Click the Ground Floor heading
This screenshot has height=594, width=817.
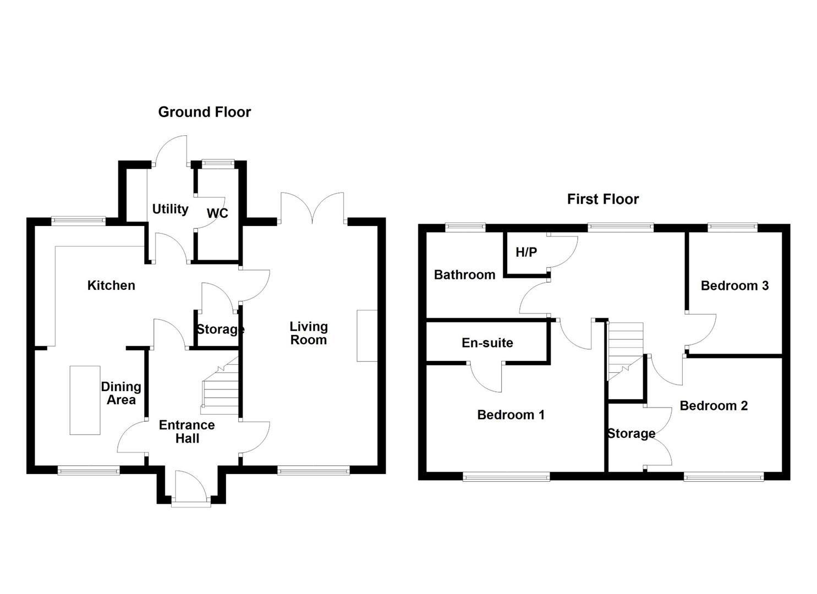tap(205, 112)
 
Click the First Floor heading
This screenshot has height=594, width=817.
tap(603, 199)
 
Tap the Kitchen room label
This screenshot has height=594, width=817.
tap(111, 285)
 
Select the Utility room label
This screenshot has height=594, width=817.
tap(171, 209)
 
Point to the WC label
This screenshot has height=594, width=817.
tap(217, 213)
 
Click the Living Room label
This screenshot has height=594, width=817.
tap(309, 333)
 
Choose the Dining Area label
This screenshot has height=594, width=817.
tap(121, 393)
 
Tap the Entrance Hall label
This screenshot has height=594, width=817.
tap(187, 431)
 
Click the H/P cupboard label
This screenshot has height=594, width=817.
tap(527, 252)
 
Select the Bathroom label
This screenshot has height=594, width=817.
tap(465, 274)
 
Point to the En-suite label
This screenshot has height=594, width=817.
tap(487, 343)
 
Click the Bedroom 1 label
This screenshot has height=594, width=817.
tap(511, 415)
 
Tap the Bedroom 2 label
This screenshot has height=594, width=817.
tap(714, 405)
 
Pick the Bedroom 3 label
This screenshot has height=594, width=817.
tap(734, 285)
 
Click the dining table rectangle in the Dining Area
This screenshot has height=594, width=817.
tap(85, 400)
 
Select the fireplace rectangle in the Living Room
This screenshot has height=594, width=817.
tap(367, 336)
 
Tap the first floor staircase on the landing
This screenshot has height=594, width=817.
tap(625, 351)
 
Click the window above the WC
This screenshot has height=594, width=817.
tap(218, 163)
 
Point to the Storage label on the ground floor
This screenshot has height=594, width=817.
tap(220, 329)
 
